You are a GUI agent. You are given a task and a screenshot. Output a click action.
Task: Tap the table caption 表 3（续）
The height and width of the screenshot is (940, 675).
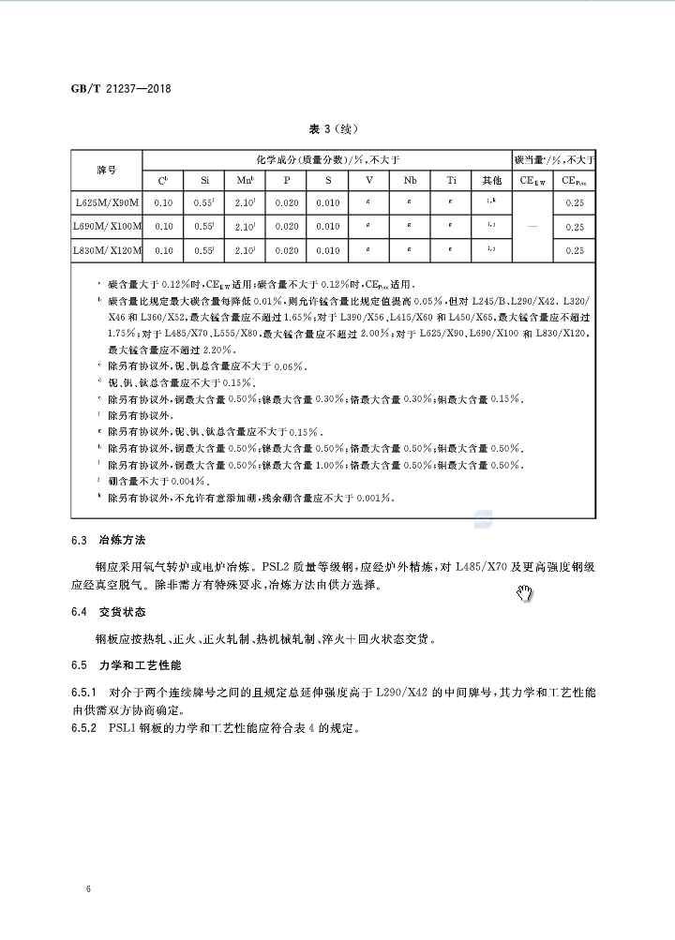point(334,129)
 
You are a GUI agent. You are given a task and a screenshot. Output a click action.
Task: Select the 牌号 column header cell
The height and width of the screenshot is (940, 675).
point(106,171)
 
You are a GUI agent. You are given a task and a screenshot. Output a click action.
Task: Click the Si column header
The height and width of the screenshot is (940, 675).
point(204,181)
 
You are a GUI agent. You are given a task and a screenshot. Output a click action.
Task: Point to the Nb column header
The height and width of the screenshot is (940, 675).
point(411,181)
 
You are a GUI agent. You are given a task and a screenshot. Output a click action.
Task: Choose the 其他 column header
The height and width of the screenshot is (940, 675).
point(491,181)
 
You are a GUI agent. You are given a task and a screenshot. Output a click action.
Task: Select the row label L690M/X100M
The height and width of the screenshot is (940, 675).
point(107,227)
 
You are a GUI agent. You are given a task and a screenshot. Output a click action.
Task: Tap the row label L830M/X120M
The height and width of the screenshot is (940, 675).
point(107,250)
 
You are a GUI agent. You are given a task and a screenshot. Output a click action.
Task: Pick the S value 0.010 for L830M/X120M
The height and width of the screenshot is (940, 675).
point(328,250)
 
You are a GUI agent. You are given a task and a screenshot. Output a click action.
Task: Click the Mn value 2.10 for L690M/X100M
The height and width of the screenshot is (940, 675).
point(246,227)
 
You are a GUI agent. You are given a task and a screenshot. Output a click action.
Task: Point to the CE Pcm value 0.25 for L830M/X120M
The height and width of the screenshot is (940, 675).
point(575,250)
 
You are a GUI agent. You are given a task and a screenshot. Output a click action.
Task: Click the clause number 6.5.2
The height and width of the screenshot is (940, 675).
point(86,728)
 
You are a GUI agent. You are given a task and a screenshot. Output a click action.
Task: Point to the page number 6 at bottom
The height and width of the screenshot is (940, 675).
point(87,888)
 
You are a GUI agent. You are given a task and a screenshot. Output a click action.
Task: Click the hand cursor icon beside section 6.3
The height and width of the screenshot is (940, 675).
point(525,592)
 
